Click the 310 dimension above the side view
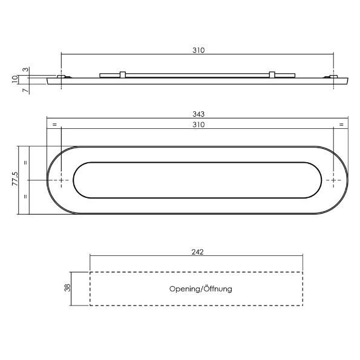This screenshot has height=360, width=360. tap(197, 51)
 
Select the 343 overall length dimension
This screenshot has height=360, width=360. tap(197, 114)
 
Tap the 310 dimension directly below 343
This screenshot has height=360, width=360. tap(197, 125)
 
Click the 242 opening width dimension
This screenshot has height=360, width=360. tap(197, 252)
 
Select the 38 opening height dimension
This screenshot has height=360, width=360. tap(67, 289)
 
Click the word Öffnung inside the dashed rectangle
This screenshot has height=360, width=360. tap(215, 289)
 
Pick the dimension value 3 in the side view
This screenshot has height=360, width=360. tap(25, 70)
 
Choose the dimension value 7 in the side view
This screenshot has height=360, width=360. tap(25, 90)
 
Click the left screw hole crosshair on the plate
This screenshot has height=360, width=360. tap(61, 180)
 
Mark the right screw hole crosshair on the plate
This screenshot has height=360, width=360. tap(333, 180)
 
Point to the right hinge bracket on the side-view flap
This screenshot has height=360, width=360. tap(272, 75)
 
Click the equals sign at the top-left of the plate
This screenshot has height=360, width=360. tap(54, 125)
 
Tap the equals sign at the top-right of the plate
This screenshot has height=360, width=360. tap(341, 125)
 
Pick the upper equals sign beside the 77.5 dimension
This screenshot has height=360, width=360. tap(25, 163)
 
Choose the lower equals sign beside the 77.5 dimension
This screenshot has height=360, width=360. tap(25, 197)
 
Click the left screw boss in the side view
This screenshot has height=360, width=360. tap(61, 77)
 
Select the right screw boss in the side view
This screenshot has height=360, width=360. tap(333, 77)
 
